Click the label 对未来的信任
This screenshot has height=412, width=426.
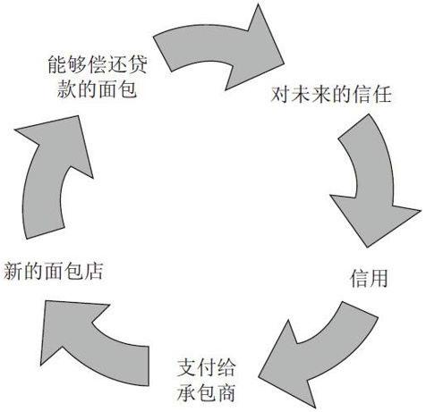click(x=331, y=95)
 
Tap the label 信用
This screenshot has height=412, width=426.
click(x=369, y=278)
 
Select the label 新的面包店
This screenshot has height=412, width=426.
click(x=54, y=271)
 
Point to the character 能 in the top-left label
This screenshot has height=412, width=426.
click(x=56, y=64)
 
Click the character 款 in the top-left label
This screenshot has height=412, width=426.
click(x=66, y=88)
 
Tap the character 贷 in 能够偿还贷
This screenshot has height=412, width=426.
click(x=139, y=64)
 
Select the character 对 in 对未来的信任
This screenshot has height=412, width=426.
click(x=280, y=95)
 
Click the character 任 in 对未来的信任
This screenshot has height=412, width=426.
click(x=382, y=95)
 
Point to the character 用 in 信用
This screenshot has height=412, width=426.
click(x=379, y=278)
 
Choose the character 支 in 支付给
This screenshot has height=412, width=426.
click(x=186, y=368)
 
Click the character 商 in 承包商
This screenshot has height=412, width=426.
click(x=226, y=392)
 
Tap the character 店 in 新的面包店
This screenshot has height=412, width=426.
click(x=94, y=271)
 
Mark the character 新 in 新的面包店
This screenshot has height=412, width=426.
click(x=13, y=271)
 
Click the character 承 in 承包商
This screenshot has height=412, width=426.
click(x=186, y=392)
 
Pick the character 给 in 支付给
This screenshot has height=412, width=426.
click(x=226, y=368)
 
